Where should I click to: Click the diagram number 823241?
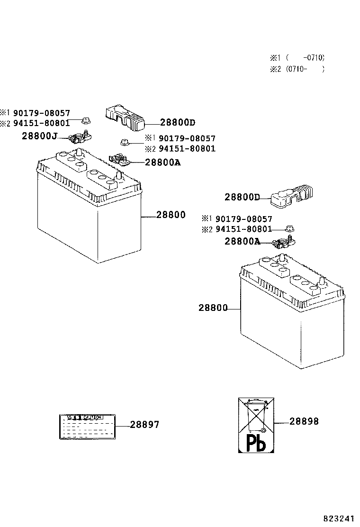click(x=339, y=518)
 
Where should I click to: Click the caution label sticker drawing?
click(x=87, y=426)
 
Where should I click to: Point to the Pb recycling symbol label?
click(x=256, y=425)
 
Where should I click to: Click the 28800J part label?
click(x=39, y=136)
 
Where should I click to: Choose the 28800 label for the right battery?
click(x=213, y=308)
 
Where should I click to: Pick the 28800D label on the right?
click(x=242, y=197)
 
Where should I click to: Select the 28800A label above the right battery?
click(x=242, y=241)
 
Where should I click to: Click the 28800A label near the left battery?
click(x=162, y=162)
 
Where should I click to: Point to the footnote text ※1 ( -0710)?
click(x=297, y=58)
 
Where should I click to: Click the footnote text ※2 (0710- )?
click(x=297, y=69)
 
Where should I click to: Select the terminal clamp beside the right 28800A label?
click(x=284, y=242)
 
